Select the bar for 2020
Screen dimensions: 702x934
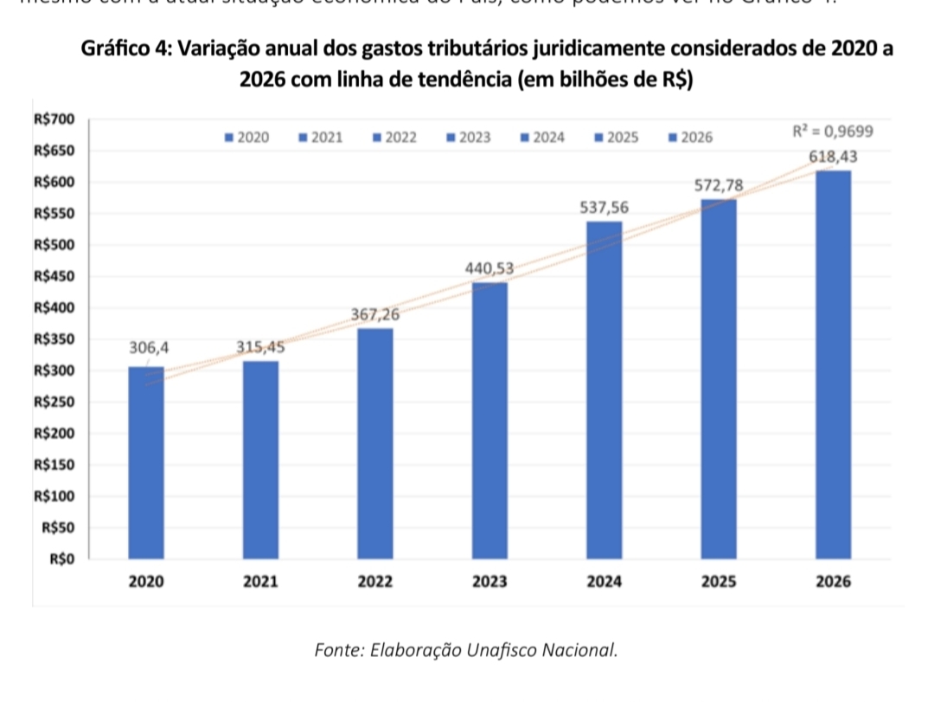[x=145, y=463]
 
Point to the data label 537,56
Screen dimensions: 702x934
[x=605, y=208]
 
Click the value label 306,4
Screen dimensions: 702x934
[x=150, y=348]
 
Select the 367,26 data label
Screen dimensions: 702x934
[x=375, y=314]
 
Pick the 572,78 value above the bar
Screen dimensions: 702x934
[x=719, y=185]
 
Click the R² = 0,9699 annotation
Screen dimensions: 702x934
[x=833, y=132]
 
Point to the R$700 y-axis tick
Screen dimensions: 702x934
[x=54, y=119]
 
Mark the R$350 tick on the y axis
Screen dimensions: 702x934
[x=54, y=339]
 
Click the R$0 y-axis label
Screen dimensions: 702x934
[x=61, y=559]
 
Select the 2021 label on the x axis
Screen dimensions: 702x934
[x=260, y=582]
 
